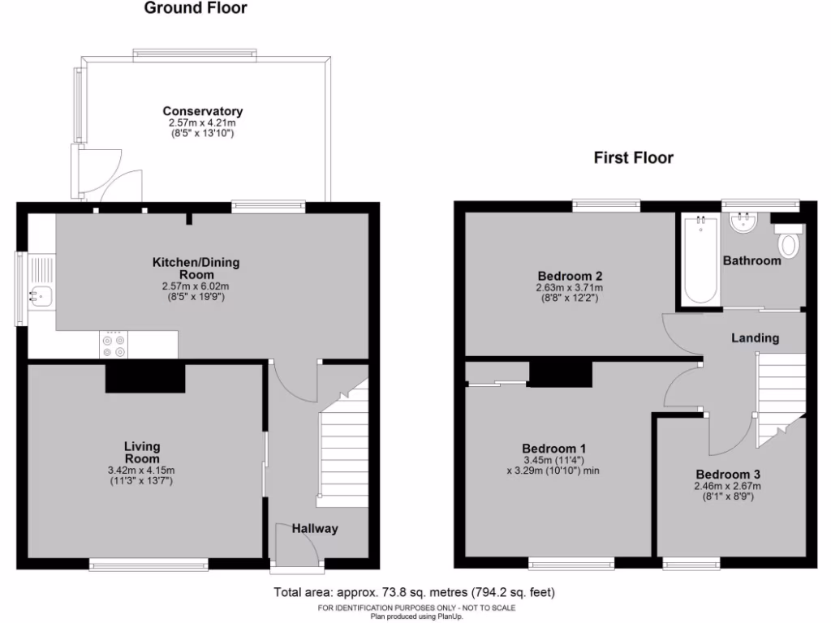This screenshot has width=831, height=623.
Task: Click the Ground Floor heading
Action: [196, 9]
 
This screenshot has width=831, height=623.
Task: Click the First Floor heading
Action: [633, 157]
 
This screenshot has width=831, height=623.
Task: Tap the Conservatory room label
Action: [202, 111]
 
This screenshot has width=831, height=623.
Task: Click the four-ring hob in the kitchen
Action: [114, 346]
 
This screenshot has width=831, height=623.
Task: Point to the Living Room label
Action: [142, 453]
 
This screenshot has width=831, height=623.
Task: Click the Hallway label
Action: [315, 529]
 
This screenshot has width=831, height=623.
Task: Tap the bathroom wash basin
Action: [743, 221]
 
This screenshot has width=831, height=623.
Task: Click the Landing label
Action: [755, 337]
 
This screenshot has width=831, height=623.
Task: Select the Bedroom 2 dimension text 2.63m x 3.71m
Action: [569, 288]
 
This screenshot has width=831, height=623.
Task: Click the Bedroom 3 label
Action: [728, 475]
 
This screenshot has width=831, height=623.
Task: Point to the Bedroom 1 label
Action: [554, 449]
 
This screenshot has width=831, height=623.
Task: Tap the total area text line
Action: [415, 592]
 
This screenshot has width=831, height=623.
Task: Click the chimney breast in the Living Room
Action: [145, 378]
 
